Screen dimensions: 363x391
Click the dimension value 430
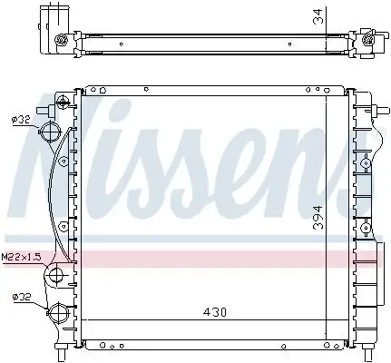click(215, 312)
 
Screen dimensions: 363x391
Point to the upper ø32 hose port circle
click(54, 131)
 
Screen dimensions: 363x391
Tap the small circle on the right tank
click(365, 164)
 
